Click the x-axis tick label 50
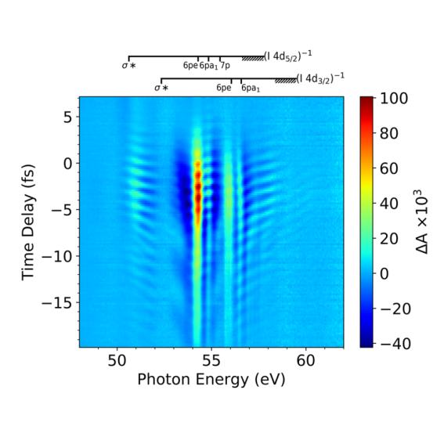pyautogui.click(x=117, y=360)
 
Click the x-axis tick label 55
pyautogui.click(x=211, y=360)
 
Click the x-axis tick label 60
pyautogui.click(x=305, y=360)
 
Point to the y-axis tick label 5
pyautogui.click(x=67, y=117)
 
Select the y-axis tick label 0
pyautogui.click(x=67, y=163)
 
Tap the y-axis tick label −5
pyautogui.click(x=63, y=209)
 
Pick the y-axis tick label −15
pyautogui.click(x=59, y=302)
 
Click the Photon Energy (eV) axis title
pyautogui.click(x=211, y=380)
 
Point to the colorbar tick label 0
pyautogui.click(x=384, y=274)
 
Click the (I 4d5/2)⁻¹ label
pyautogui.click(x=289, y=56)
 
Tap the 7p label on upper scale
pyautogui.click(x=225, y=67)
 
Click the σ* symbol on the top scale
pyautogui.click(x=129, y=67)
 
